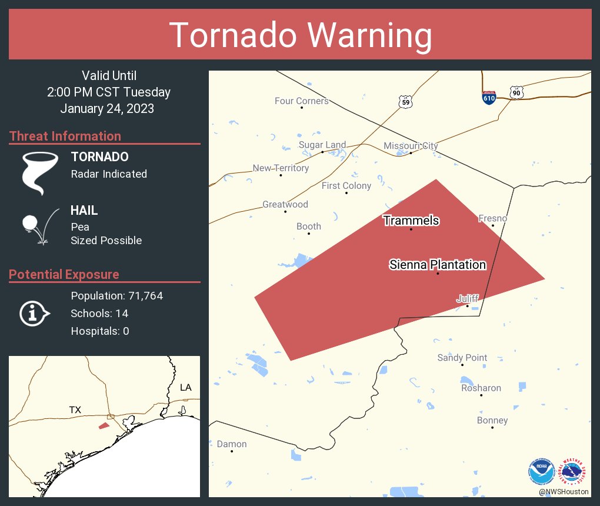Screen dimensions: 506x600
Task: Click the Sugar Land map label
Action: [x=322, y=145]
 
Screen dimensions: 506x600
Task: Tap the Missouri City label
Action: [x=411, y=146]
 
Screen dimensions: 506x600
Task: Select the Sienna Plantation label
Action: [x=438, y=265]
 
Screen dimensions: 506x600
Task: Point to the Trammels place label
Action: [x=411, y=221]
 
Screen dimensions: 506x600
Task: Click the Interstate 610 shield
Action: [x=489, y=96]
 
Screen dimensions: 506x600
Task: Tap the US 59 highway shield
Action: [x=405, y=101]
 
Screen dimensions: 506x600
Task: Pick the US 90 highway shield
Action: [x=516, y=92]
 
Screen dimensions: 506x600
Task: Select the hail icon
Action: [x=39, y=225]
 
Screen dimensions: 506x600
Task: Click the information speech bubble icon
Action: [x=34, y=314]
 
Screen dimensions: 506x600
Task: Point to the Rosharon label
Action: [x=481, y=388]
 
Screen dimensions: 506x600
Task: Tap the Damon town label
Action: [x=232, y=444]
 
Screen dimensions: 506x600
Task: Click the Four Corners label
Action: [x=302, y=101]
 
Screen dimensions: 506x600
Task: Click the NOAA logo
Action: [x=541, y=472]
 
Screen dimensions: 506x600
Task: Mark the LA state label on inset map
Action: [x=185, y=388]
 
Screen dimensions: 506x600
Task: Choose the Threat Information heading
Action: [x=65, y=137]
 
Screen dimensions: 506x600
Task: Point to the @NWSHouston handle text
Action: [x=563, y=492]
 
